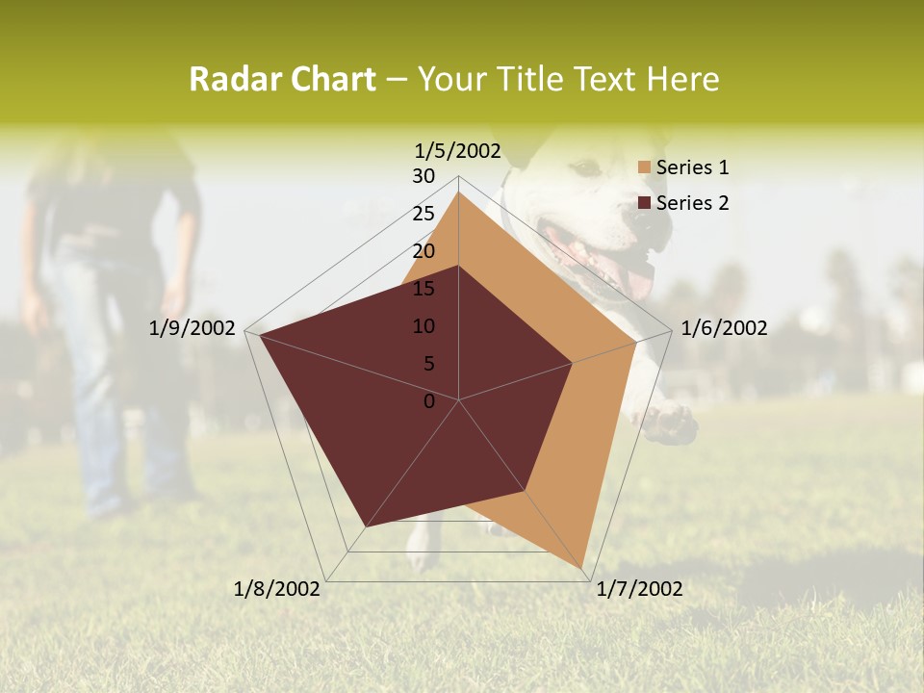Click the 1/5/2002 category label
point(458,150)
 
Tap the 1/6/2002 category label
point(724,328)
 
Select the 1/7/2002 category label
point(640,589)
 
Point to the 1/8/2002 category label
point(277,589)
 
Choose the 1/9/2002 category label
point(192,328)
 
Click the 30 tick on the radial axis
point(423,176)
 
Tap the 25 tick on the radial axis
point(423,214)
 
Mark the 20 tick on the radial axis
point(423,251)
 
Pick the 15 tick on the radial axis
point(423,289)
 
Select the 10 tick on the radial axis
point(423,326)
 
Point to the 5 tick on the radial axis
point(428,364)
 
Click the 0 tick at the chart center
point(429,401)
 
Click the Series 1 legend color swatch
point(645,167)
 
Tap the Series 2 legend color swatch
point(645,203)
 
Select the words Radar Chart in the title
point(282,80)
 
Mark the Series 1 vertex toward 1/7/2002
point(585,567)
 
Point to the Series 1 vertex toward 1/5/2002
point(458,192)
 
